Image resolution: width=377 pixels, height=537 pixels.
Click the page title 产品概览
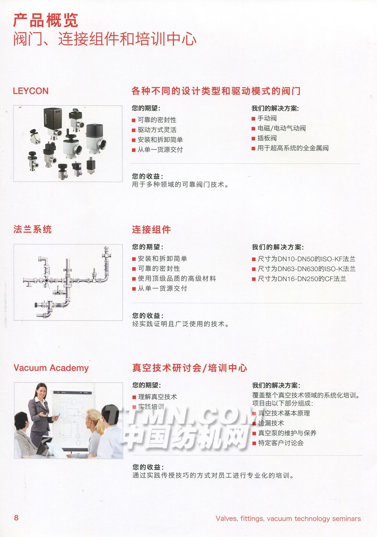tap(46, 20)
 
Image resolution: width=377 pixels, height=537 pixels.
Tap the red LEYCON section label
tap(31, 91)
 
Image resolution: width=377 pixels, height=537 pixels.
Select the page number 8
tap(16, 518)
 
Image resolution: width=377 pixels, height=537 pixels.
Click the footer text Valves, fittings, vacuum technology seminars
tap(288, 518)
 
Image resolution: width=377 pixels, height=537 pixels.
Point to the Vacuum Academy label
tap(51, 368)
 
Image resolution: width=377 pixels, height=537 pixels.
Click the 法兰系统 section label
tap(32, 229)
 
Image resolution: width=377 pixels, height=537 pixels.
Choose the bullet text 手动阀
tap(267, 119)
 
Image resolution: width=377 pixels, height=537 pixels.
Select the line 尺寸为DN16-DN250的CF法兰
tap(302, 279)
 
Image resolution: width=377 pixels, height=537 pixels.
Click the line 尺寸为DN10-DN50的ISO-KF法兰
tap(307, 259)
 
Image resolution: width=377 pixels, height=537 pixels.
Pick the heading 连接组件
tap(151, 230)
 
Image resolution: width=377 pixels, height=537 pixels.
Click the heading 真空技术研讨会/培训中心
tap(190, 368)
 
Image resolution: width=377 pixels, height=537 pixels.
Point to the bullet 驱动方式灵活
tap(157, 130)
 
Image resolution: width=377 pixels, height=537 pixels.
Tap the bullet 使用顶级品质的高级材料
tap(177, 279)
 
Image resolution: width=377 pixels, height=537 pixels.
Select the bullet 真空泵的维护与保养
tap(287, 433)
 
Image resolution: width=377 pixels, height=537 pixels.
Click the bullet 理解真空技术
tap(158, 397)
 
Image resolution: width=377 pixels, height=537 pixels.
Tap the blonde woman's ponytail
tap(100, 424)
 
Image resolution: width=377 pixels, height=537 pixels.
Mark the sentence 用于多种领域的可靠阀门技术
tap(180, 184)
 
